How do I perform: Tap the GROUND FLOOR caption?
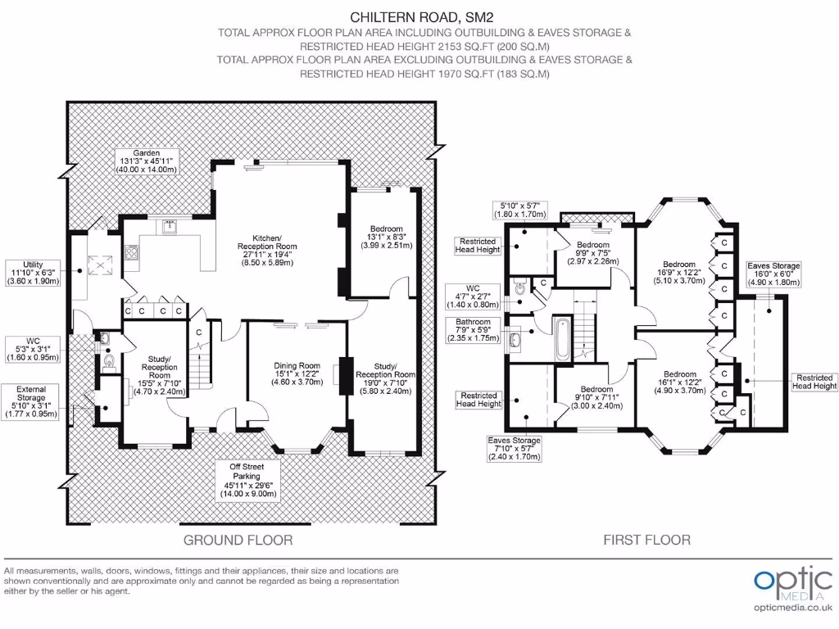(x=238, y=540)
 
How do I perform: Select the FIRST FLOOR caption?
(x=646, y=540)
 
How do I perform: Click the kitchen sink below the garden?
(x=170, y=227)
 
